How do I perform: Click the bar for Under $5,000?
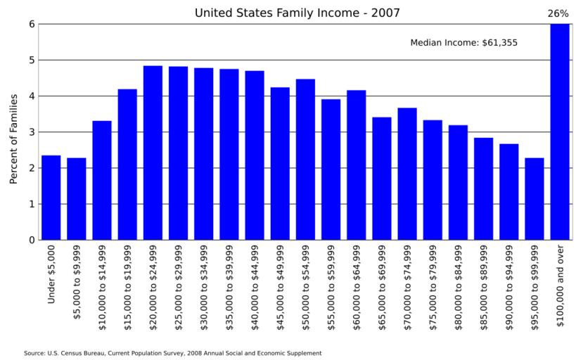pyautogui.click(x=51, y=198)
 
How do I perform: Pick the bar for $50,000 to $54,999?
pyautogui.click(x=305, y=160)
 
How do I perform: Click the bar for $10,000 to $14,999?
pyautogui.click(x=102, y=181)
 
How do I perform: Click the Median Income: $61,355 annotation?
pyautogui.click(x=463, y=43)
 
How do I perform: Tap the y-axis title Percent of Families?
pyautogui.click(x=13, y=139)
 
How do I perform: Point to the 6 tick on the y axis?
pyautogui.click(x=31, y=24)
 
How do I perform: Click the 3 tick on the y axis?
pyautogui.click(x=31, y=132)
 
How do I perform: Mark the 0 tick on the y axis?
pyautogui.click(x=31, y=240)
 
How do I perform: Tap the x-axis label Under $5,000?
pyautogui.click(x=51, y=275)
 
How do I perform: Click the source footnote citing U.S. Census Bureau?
pyautogui.click(x=172, y=353)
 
